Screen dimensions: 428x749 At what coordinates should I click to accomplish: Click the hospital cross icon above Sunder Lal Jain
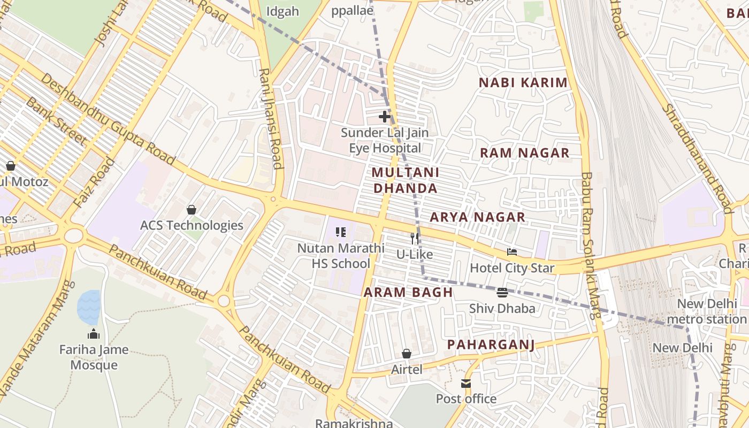pos(384,116)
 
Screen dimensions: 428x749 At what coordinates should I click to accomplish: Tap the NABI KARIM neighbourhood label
pos(523,82)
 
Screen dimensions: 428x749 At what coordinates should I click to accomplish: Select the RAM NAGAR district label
pos(524,153)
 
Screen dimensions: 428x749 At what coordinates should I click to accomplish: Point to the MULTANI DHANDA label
pos(406,180)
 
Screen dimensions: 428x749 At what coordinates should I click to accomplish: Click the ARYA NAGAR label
pos(478,217)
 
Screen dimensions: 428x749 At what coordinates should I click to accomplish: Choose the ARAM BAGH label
pos(408,293)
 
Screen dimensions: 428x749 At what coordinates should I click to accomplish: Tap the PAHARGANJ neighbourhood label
pos(491,345)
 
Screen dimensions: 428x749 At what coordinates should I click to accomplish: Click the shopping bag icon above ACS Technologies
pos(191,210)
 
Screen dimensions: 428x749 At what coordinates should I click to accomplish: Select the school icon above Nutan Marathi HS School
pos(341,232)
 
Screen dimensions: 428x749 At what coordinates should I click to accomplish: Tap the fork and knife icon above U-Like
pos(414,239)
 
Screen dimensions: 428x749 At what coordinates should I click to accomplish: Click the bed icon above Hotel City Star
pos(512,252)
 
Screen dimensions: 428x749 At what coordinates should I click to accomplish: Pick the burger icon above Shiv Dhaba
pos(502,293)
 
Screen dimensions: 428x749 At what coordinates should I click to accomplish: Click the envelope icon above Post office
pos(466,384)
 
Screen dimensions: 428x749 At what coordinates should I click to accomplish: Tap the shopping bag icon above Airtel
pos(407,354)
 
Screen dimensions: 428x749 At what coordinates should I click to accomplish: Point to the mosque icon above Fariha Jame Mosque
pos(94,334)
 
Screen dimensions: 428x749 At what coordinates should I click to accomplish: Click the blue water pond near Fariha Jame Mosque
pos(89,307)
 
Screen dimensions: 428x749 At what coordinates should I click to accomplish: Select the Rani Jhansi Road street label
pos(271,118)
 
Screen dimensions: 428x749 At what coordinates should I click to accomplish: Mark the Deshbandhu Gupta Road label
pos(108,119)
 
